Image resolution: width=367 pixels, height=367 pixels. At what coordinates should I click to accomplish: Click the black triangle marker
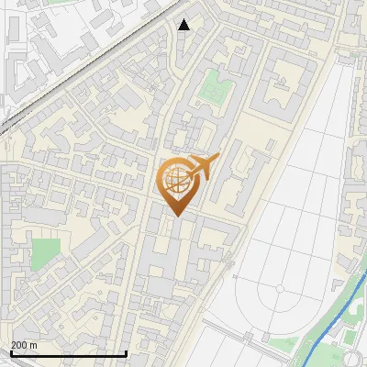(x=184, y=25)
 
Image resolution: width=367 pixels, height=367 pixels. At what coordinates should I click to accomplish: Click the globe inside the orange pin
(x=175, y=180)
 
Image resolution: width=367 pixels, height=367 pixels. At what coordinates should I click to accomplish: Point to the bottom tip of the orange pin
(x=175, y=216)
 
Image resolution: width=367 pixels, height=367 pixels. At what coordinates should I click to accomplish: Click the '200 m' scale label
(x=24, y=345)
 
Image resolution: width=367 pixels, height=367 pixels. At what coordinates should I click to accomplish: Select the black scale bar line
(x=68, y=352)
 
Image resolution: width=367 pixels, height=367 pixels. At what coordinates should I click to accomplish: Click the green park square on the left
(x=45, y=254)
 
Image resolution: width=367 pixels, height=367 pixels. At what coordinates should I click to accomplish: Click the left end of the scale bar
(x=10, y=352)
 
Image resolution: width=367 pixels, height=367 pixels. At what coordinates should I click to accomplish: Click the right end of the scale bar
(x=126, y=352)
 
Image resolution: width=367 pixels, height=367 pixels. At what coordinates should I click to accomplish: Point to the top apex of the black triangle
(x=184, y=19)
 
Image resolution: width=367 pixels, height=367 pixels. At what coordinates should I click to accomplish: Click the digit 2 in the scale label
(x=14, y=345)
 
